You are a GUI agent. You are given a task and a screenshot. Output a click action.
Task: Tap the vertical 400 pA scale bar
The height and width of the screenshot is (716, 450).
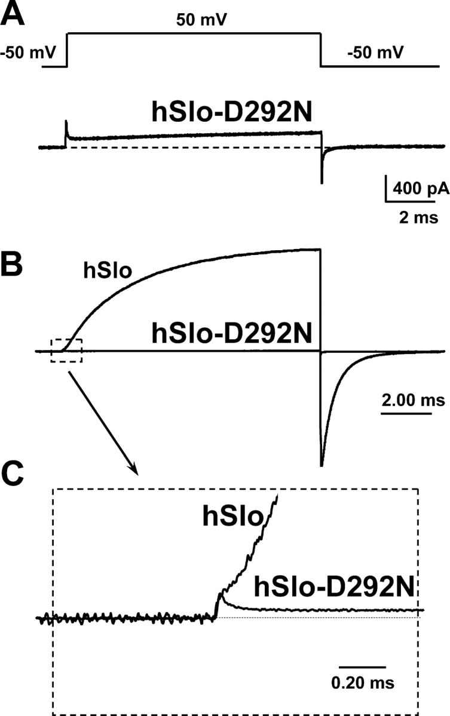[x=386, y=190]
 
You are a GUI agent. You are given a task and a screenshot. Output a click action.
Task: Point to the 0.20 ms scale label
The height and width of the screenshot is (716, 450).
[x=363, y=681]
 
